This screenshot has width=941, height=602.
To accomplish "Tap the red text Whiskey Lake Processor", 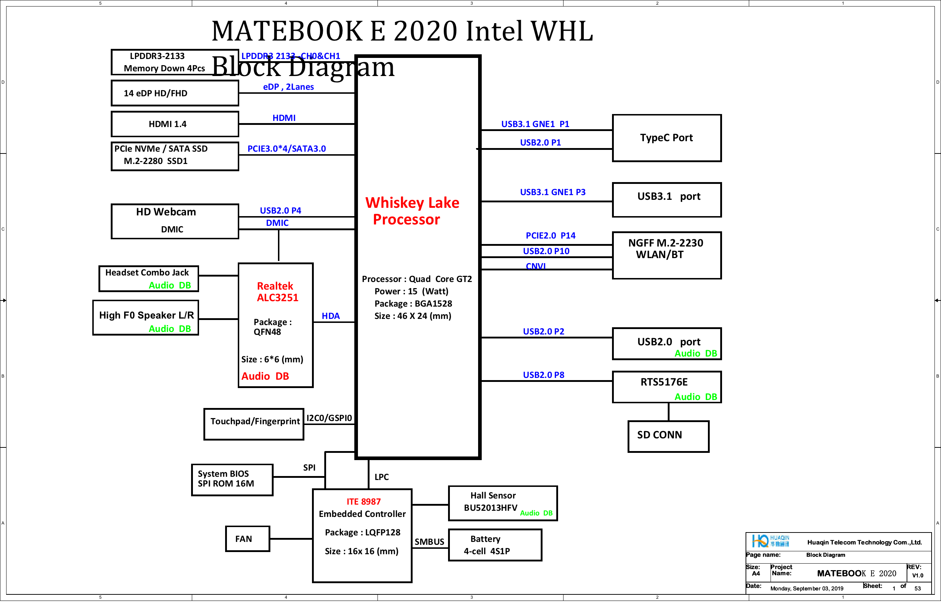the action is click(412, 211).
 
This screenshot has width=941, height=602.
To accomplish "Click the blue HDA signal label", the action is click(330, 316).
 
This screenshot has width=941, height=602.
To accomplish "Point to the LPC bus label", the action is click(381, 477).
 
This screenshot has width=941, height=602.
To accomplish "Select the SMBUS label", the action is click(429, 542).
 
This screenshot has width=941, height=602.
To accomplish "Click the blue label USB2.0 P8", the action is click(544, 375).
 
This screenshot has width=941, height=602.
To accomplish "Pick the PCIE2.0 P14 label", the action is click(550, 235).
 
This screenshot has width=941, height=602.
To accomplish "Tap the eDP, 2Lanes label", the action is click(288, 87).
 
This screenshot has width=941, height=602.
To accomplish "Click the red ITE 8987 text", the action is click(363, 501).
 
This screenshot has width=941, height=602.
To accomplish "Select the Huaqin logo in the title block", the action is click(770, 541).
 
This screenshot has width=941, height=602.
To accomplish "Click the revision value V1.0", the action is click(917, 576).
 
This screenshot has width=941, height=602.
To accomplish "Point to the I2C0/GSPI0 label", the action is click(329, 418).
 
